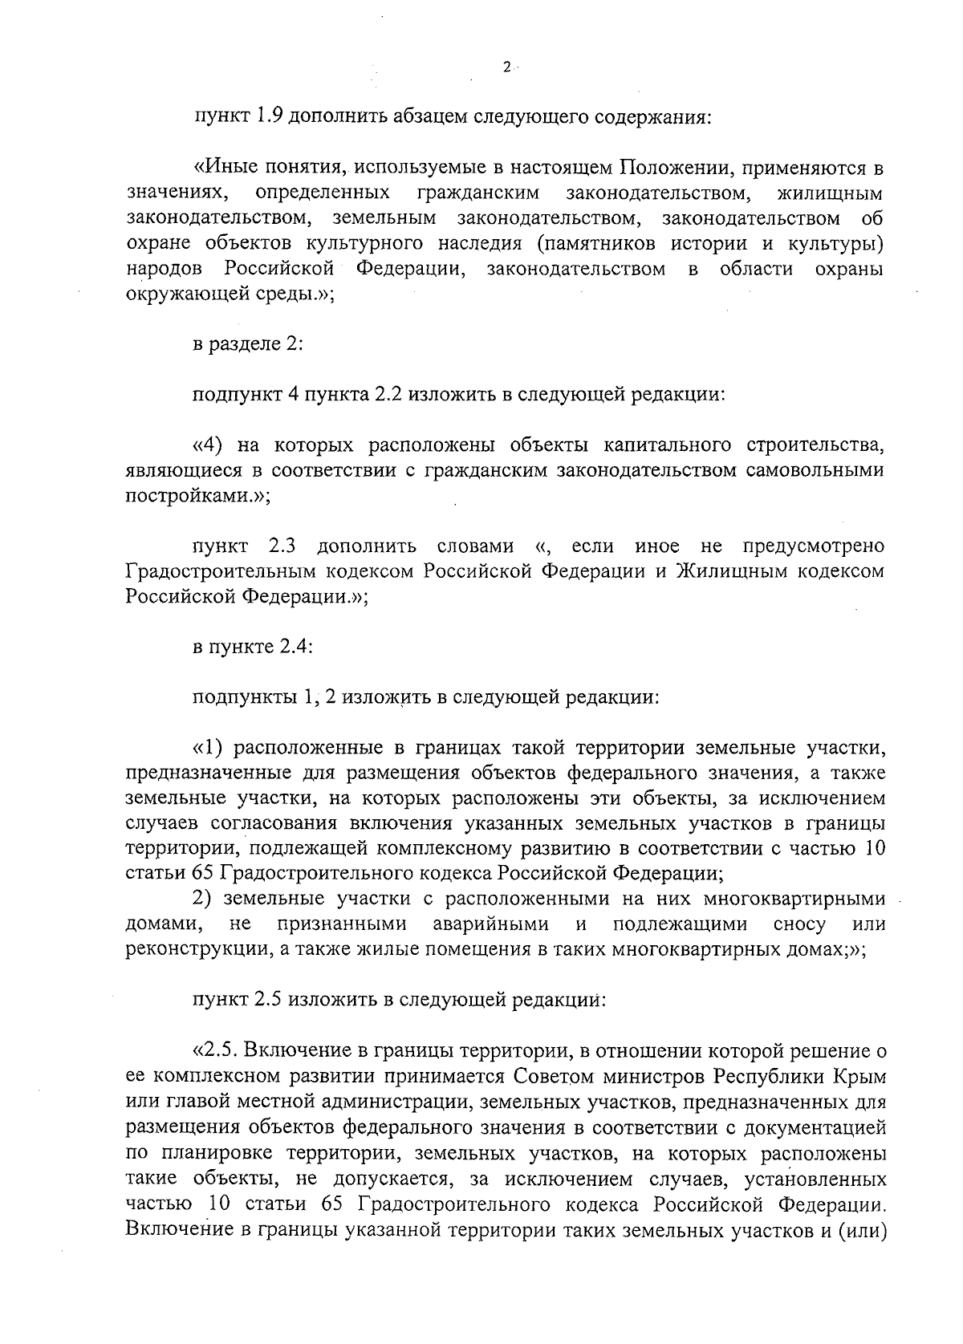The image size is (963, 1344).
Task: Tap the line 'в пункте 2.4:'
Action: [252, 648]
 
